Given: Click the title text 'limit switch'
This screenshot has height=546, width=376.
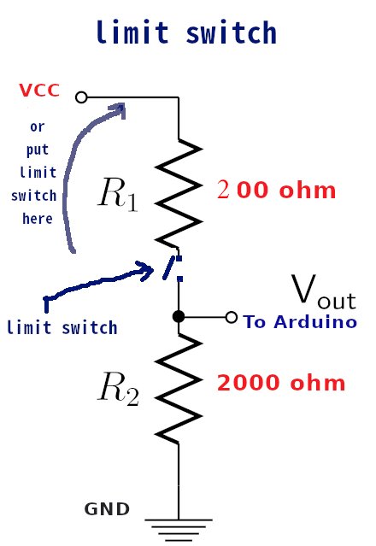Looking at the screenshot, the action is (x=186, y=32).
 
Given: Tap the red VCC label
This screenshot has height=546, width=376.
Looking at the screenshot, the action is (x=39, y=91).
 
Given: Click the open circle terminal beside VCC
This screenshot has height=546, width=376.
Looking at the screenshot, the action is (x=81, y=97).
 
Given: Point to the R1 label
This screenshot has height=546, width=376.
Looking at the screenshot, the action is (x=118, y=194).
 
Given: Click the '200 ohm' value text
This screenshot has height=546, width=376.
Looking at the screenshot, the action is (x=276, y=191).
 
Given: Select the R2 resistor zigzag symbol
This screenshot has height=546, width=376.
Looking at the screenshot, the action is (x=179, y=388).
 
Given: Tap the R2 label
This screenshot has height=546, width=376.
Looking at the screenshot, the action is (x=119, y=389).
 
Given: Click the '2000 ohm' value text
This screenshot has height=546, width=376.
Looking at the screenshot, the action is (x=281, y=383).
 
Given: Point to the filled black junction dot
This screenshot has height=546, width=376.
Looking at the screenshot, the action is (x=179, y=316).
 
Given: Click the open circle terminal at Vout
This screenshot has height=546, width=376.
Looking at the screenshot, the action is (x=232, y=317).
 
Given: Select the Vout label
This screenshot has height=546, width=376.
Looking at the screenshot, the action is (x=323, y=292).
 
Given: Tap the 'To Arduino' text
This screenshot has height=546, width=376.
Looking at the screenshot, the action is (x=300, y=321).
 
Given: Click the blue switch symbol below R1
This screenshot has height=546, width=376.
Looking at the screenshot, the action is (x=171, y=267).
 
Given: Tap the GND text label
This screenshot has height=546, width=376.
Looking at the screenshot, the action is (x=107, y=509).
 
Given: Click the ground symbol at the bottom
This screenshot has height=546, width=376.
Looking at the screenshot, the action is (x=179, y=530).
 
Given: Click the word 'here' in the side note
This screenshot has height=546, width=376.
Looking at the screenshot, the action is (x=38, y=219).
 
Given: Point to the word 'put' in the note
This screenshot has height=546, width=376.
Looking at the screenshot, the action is (x=38, y=150).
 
